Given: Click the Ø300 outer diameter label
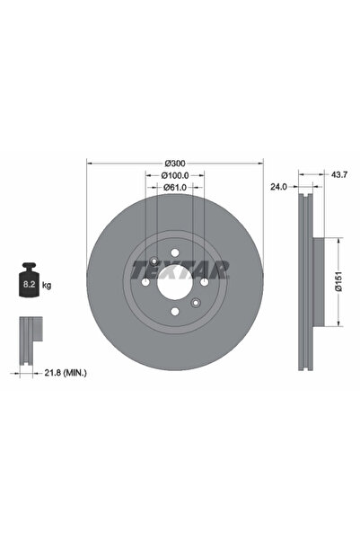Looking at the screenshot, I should point(175,163).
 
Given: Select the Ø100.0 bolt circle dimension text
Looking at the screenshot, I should point(175,175).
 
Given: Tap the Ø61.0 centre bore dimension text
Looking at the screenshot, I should point(175,188).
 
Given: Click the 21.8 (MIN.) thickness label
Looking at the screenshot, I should point(73,371).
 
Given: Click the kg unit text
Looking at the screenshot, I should point(48,285).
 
